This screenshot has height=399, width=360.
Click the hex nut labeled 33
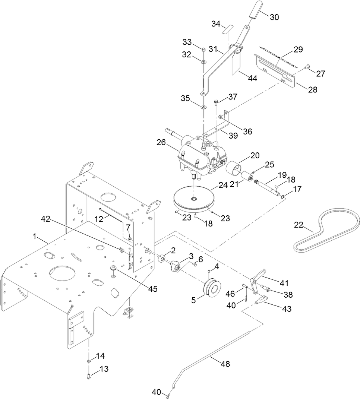click(x=203, y=50)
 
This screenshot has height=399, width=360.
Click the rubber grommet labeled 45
click(x=112, y=269)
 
